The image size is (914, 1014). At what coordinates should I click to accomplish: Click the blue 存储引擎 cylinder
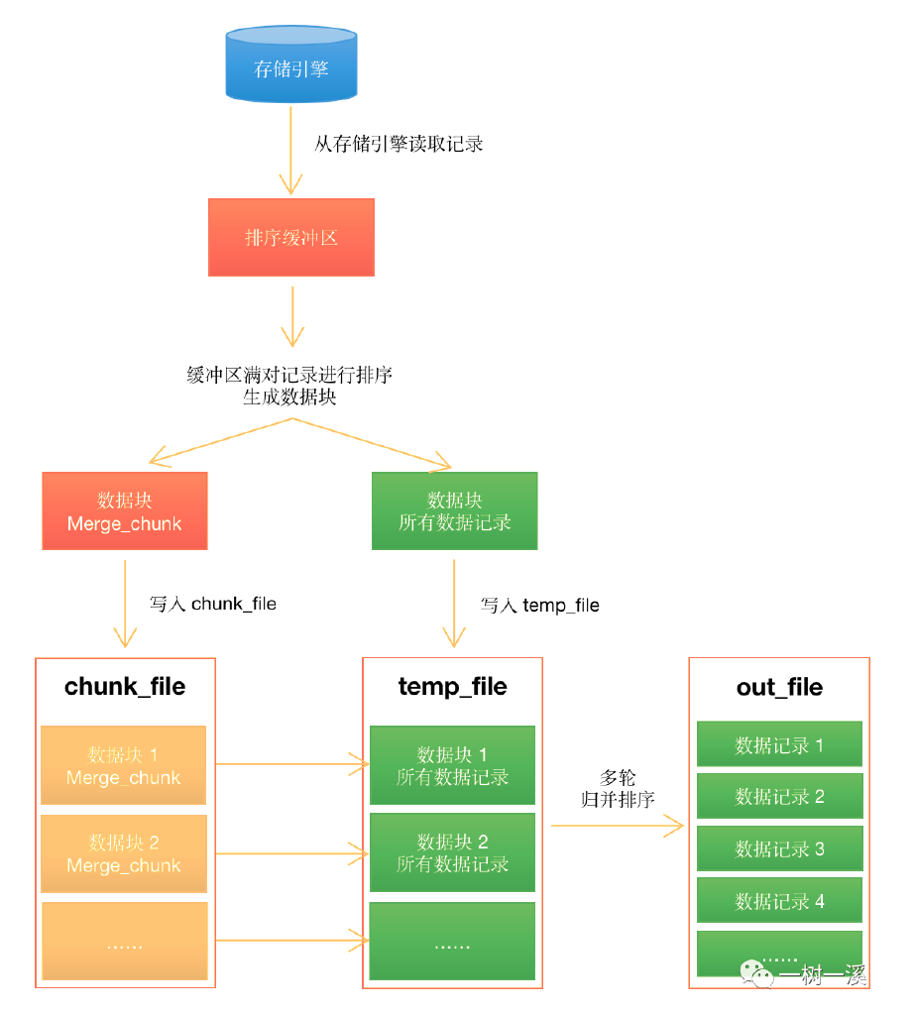click(x=290, y=65)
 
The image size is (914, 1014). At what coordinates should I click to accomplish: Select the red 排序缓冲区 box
click(x=290, y=238)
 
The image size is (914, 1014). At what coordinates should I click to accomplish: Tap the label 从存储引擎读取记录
click(x=399, y=144)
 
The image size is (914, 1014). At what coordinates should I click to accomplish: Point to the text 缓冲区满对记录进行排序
click(x=289, y=375)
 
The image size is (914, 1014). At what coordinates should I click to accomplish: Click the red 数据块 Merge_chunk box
click(x=125, y=510)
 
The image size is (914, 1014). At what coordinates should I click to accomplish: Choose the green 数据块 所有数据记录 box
click(x=454, y=510)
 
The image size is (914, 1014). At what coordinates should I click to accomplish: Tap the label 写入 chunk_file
click(x=212, y=603)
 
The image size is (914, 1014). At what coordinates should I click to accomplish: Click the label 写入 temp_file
click(x=539, y=605)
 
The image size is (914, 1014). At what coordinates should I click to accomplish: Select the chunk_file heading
click(x=125, y=687)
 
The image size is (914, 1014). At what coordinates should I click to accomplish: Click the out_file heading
click(x=779, y=687)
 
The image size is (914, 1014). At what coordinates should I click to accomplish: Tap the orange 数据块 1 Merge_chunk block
click(x=124, y=766)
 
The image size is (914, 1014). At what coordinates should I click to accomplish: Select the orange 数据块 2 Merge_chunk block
click(x=124, y=853)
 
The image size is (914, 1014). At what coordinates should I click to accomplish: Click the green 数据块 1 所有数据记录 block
click(x=452, y=766)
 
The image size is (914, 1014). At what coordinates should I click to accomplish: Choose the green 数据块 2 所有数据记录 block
click(x=452, y=852)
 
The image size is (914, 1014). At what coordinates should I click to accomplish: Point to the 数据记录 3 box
click(x=779, y=848)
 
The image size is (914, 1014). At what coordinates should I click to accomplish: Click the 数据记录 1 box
click(x=779, y=745)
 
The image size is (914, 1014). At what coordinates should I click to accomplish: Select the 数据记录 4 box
click(x=779, y=901)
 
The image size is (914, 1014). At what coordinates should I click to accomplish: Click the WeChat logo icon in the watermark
click(x=761, y=974)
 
